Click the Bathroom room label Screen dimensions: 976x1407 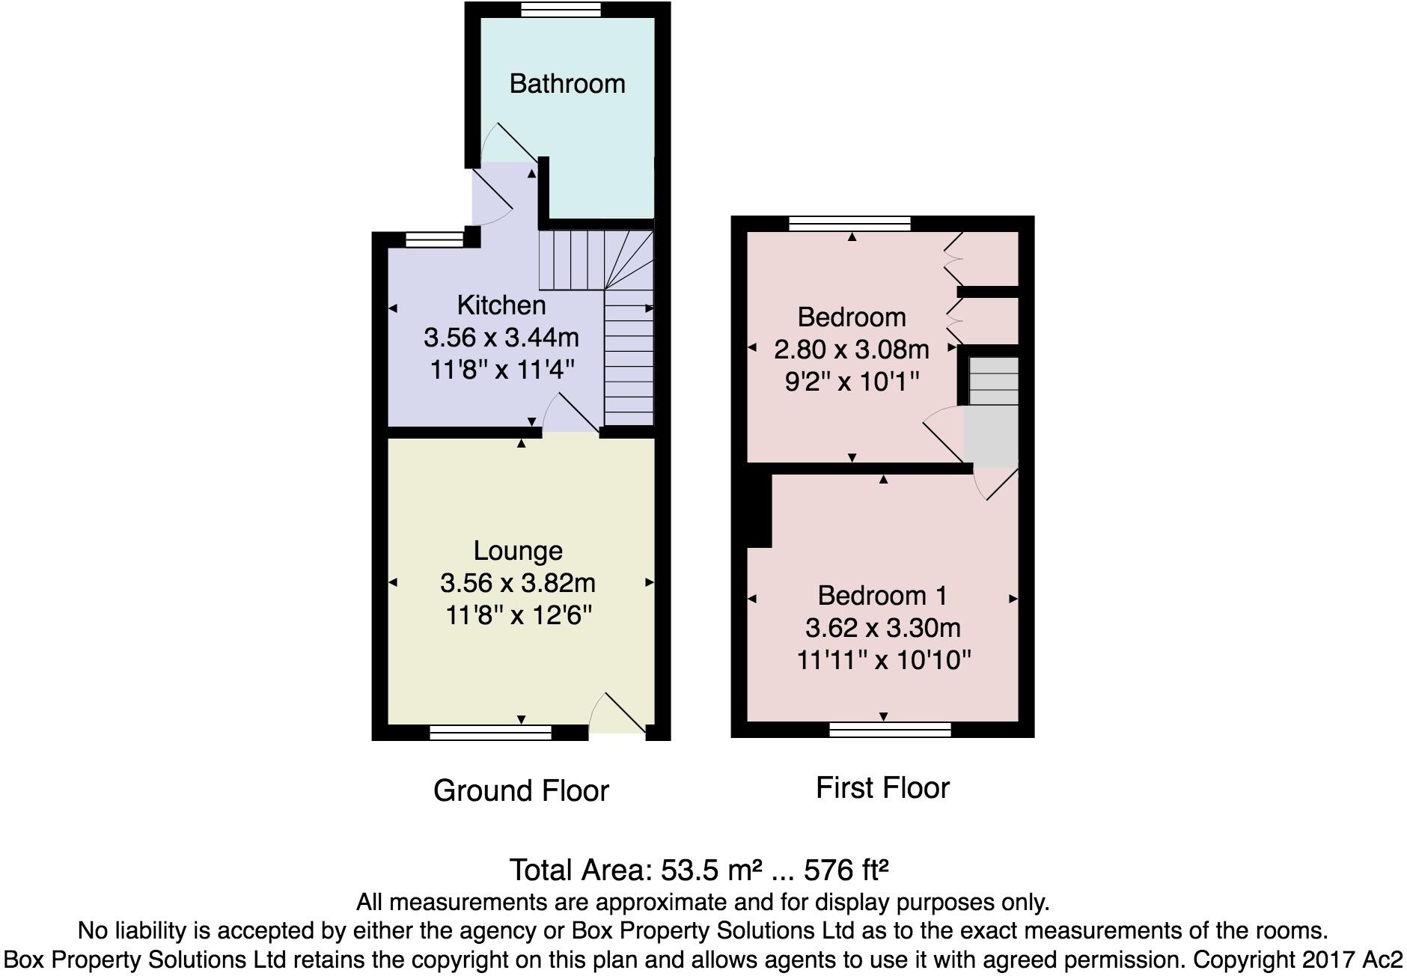point(567,84)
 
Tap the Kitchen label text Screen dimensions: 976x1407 point(501,305)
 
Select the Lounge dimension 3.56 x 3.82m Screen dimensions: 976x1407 point(518,583)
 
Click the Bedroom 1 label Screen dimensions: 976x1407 point(882,596)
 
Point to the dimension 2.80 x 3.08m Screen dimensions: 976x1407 point(852,350)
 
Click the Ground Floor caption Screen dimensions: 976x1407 point(521,791)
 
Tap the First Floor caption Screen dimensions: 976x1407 point(882,788)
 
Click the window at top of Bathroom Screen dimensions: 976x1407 point(561,9)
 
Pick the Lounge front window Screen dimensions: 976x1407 point(490,733)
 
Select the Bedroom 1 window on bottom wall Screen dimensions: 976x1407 point(890,730)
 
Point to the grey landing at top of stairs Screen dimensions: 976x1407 point(991,435)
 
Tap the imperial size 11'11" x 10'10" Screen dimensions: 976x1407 point(883,661)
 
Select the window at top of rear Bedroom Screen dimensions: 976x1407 point(849,223)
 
